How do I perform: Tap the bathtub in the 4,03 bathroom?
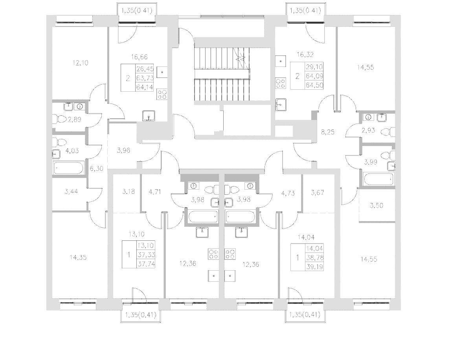[68, 168]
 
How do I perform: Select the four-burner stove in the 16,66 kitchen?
[162, 94]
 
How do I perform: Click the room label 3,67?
[318, 192]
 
